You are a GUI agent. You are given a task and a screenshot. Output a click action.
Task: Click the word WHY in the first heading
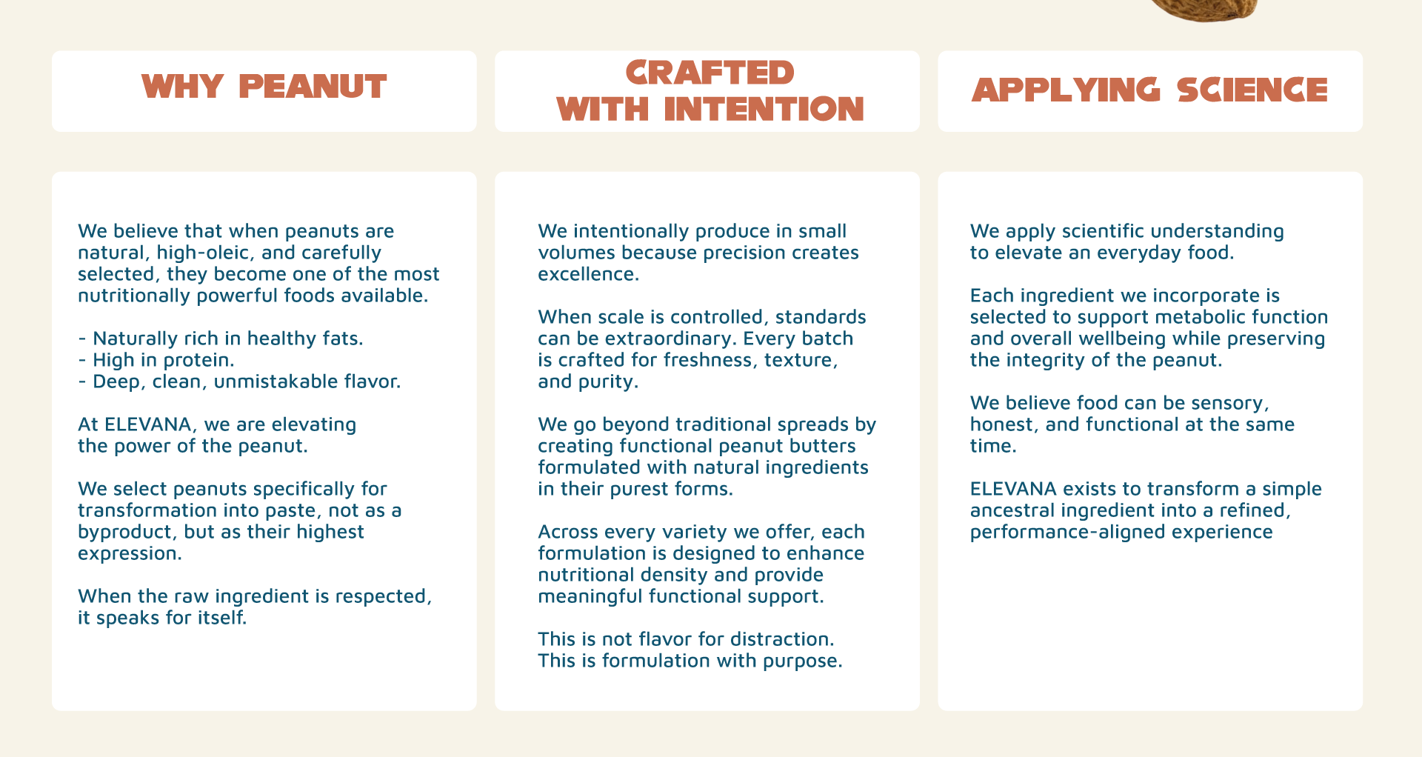point(182,87)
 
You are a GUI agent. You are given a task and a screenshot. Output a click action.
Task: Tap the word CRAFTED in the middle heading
point(710,73)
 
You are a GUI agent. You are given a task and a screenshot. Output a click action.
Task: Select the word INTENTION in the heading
point(764,109)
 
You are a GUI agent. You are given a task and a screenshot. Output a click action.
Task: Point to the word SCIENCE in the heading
point(1252,90)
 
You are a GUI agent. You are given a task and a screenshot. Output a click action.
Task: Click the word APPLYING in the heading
point(1066,90)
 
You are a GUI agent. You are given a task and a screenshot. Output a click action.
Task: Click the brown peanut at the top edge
point(1204,9)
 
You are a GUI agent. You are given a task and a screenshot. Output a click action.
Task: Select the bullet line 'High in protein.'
point(156,360)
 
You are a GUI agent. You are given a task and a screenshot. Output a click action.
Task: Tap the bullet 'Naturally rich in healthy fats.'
point(221,339)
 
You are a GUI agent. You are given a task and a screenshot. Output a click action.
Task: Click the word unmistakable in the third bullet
point(285,381)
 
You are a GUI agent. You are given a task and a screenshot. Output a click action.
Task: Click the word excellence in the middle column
point(588,274)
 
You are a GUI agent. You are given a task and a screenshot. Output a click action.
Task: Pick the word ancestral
point(1012,510)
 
